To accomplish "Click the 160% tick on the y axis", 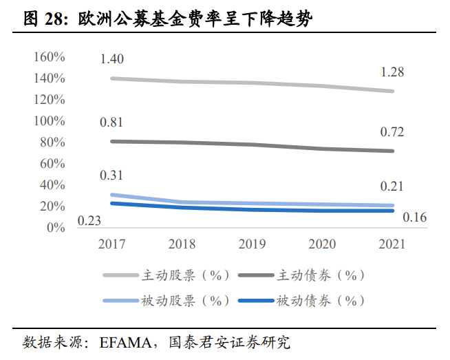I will pyautogui.click(x=48, y=57).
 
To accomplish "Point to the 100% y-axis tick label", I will pyautogui.click(x=48, y=121).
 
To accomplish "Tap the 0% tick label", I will pyautogui.click(x=55, y=228).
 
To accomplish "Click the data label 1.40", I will pyautogui.click(x=111, y=59).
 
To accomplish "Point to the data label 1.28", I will pyautogui.click(x=392, y=72).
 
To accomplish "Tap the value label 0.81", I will pyautogui.click(x=111, y=123).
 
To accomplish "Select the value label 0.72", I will pyautogui.click(x=392, y=132).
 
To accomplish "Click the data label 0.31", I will pyautogui.click(x=111, y=176).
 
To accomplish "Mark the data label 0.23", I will pyautogui.click(x=89, y=220).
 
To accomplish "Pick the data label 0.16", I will pyautogui.click(x=414, y=218).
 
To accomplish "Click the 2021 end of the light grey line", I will pyautogui.click(x=392, y=91).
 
